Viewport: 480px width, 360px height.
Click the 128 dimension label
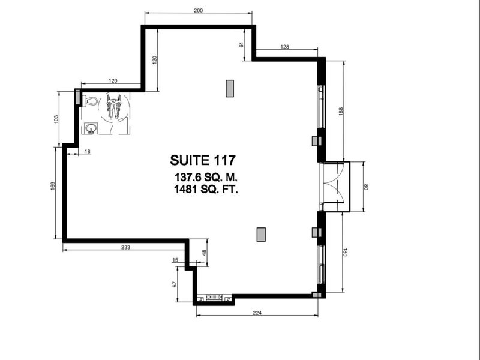[285, 47]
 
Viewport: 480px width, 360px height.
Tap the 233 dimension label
[126, 247]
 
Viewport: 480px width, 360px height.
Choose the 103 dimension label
[56, 118]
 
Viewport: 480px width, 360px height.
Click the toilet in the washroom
[90, 101]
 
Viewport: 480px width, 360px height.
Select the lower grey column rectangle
[261, 234]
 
